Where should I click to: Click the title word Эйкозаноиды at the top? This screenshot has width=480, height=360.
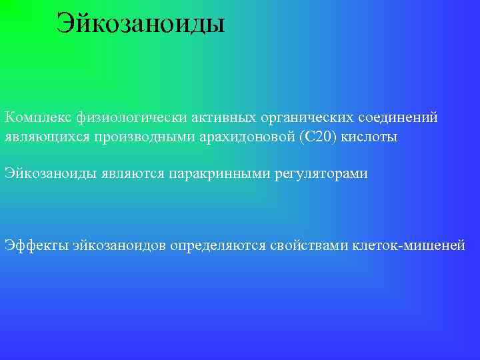[141, 23]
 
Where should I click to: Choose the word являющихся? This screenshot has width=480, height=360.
[41, 137]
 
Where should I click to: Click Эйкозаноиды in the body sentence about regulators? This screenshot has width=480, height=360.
[51, 173]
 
